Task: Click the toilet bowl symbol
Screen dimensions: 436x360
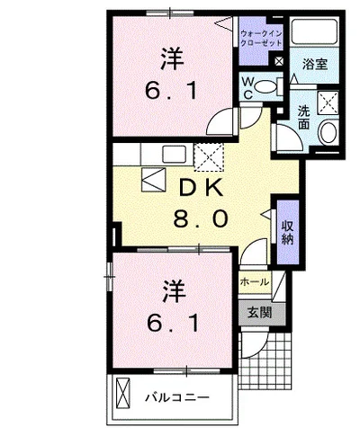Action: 267,87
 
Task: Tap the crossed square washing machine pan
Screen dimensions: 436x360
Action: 326,103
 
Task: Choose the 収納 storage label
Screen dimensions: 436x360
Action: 287,232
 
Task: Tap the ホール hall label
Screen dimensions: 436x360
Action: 254,282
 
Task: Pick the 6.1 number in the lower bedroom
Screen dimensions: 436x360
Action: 173,319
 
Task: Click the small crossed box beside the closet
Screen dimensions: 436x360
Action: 279,61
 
